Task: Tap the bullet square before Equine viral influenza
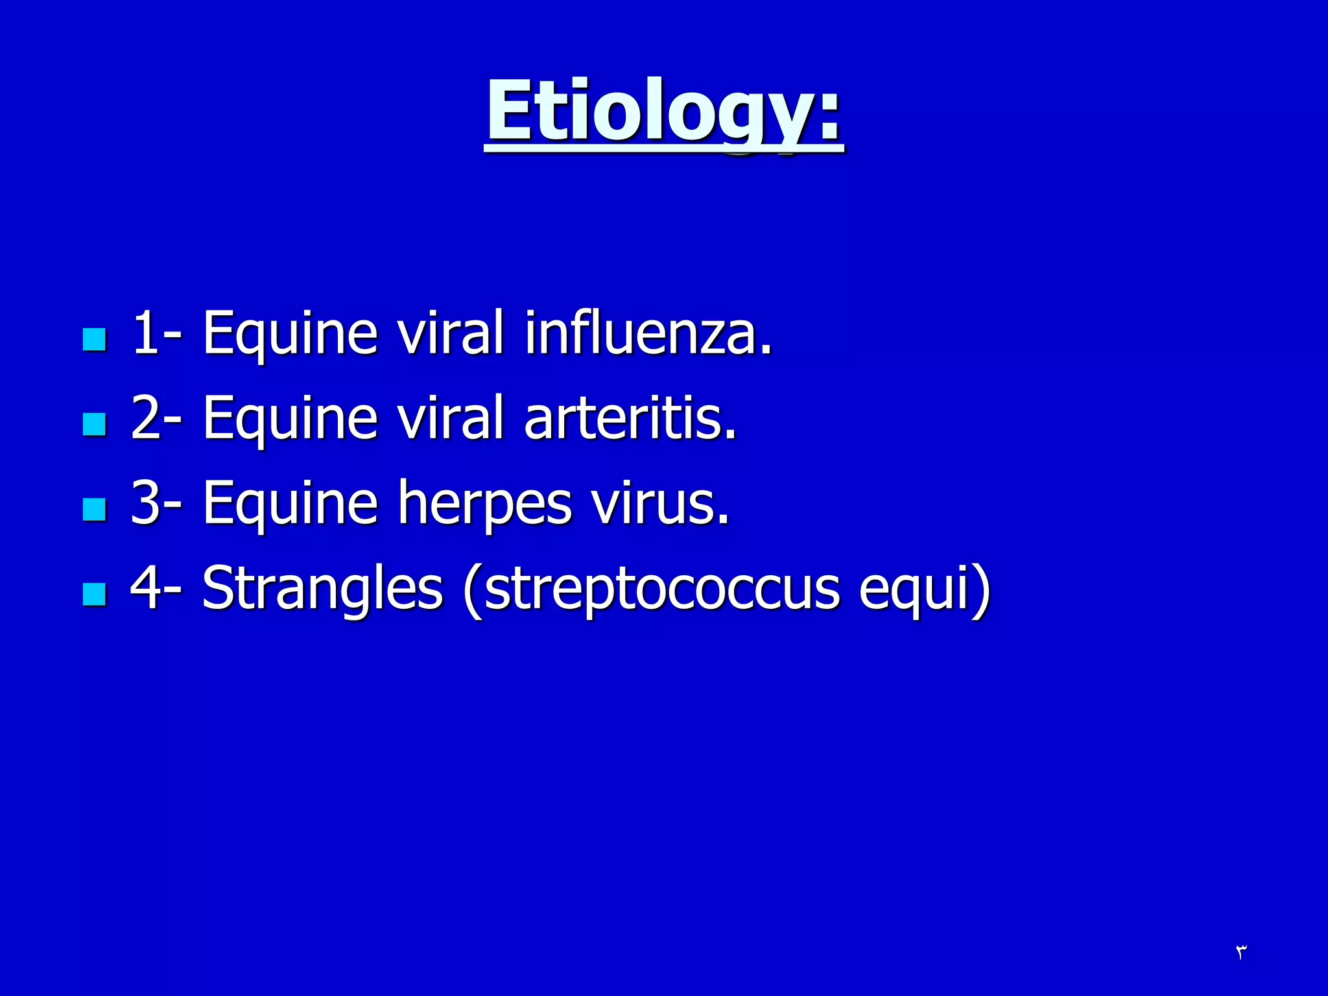95,339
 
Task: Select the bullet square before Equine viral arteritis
95,424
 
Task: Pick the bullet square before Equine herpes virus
95,509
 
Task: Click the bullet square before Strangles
95,594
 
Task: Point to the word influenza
648,333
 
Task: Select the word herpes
484,504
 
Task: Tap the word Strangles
322,589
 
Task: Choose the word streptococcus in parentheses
661,589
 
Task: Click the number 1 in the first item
146,333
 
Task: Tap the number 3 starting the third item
146,504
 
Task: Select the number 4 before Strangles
146,589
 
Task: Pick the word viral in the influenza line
450,333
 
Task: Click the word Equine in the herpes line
290,504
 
